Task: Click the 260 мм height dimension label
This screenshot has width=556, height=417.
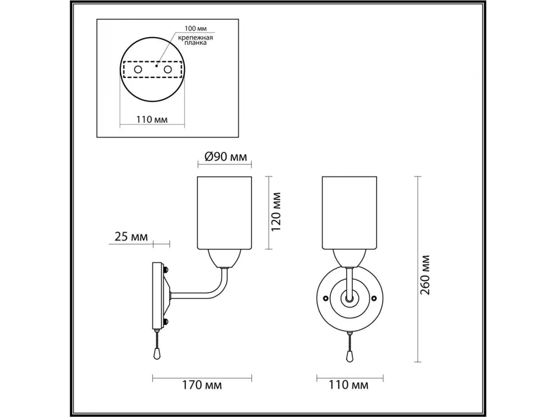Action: pyautogui.click(x=425, y=275)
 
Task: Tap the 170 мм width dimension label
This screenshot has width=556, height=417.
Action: pyautogui.click(x=202, y=385)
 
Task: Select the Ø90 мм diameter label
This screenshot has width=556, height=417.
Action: pyautogui.click(x=226, y=157)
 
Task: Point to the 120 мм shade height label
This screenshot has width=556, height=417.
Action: pyautogui.click(x=276, y=212)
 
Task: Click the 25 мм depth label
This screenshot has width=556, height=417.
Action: pyautogui.click(x=131, y=237)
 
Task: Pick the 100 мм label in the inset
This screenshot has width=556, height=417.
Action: pyautogui.click(x=196, y=28)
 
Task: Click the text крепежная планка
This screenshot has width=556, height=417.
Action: pyautogui.click(x=196, y=40)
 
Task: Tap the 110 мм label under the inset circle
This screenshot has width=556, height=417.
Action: pyautogui.click(x=152, y=120)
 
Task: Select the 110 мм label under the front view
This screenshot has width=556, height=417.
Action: pyautogui.click(x=348, y=385)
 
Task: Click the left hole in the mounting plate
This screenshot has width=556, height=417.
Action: pyautogui.click(x=138, y=69)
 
